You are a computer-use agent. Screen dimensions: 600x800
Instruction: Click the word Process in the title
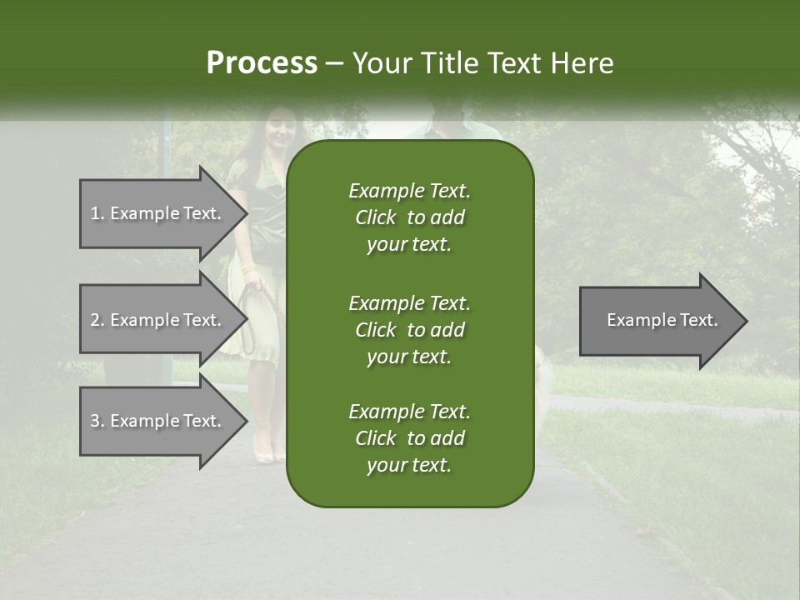coord(262,63)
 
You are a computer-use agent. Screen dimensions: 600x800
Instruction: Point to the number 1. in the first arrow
coord(97,213)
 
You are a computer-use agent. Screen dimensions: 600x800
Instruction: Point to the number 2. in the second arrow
coord(97,320)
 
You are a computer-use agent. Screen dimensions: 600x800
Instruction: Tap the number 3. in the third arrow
coord(97,421)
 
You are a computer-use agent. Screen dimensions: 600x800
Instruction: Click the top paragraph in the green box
coord(409,217)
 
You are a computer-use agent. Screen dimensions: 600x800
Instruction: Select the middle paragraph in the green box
coord(409,329)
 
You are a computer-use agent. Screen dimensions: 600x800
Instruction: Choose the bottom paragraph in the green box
coord(409,438)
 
